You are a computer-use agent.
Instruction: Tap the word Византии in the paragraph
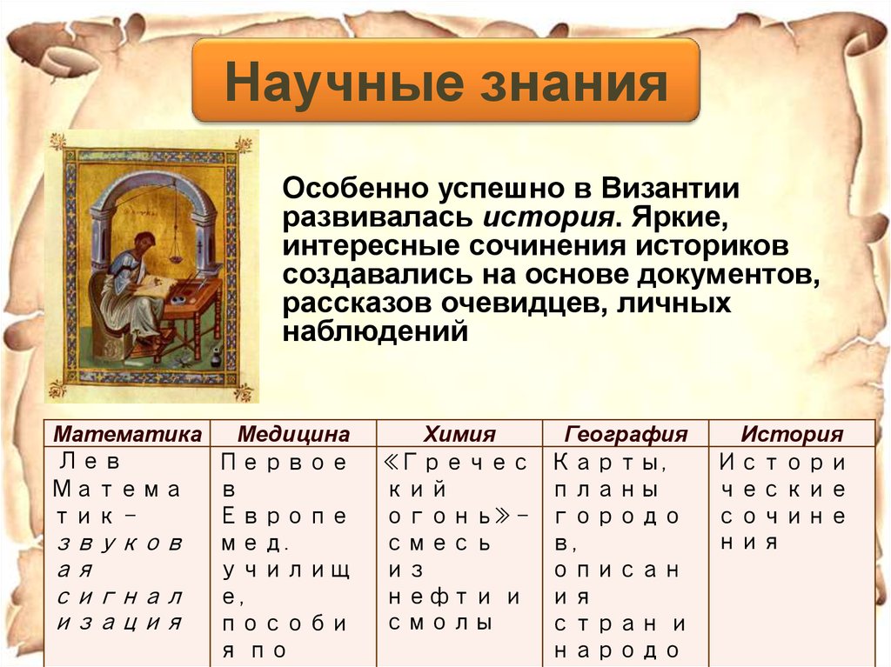[x=667, y=188]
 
